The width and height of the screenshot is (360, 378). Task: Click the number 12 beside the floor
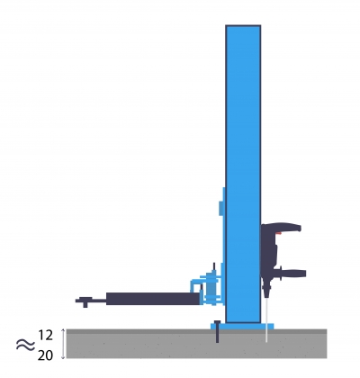tap(46, 335)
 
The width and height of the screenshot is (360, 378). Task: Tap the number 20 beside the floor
tap(45, 355)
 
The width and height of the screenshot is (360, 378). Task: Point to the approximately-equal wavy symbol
tap(25, 345)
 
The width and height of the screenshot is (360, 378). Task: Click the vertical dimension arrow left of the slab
tap(63, 344)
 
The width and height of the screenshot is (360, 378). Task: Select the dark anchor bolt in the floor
tap(217, 331)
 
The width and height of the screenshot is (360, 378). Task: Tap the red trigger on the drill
tap(278, 233)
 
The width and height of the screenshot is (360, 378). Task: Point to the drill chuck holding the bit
tap(266, 291)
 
